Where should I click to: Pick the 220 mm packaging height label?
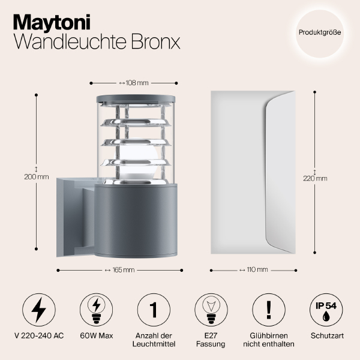(x=316, y=178)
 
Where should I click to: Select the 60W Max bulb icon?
(x=95, y=310)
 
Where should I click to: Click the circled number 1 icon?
(x=153, y=310)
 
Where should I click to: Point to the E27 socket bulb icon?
(x=210, y=310)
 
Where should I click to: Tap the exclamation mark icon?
(x=267, y=310)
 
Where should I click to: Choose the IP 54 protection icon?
(x=325, y=310)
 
